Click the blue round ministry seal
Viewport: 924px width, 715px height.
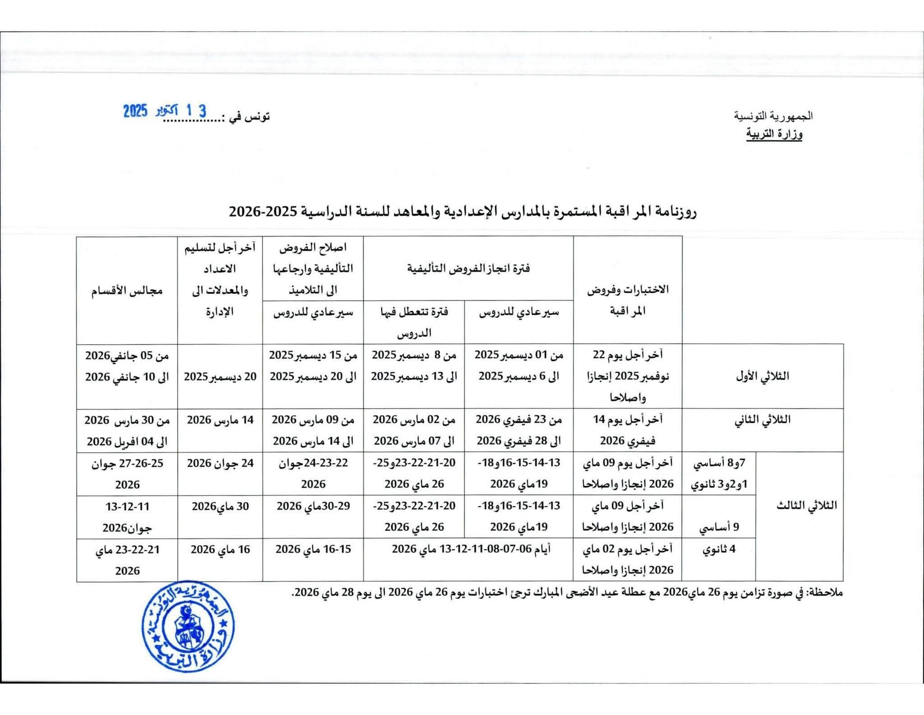pos(189,626)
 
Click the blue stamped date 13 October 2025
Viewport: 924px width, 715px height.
pos(165,111)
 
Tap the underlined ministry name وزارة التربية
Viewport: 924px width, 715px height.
pos(774,134)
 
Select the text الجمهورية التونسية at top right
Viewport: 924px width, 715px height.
pos(773,116)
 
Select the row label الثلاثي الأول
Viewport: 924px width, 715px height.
pos(762,376)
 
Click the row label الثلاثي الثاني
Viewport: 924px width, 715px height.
pos(762,420)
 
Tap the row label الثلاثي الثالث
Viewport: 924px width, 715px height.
pos(806,505)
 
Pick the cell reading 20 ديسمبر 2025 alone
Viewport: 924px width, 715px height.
pos(220,377)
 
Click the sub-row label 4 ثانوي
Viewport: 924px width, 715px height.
pos(719,549)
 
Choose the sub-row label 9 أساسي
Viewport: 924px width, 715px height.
pos(719,527)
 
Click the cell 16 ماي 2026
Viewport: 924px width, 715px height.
pos(220,549)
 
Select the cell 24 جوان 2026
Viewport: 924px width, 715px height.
pos(220,463)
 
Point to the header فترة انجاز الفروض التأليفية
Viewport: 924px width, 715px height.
pos(468,269)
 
